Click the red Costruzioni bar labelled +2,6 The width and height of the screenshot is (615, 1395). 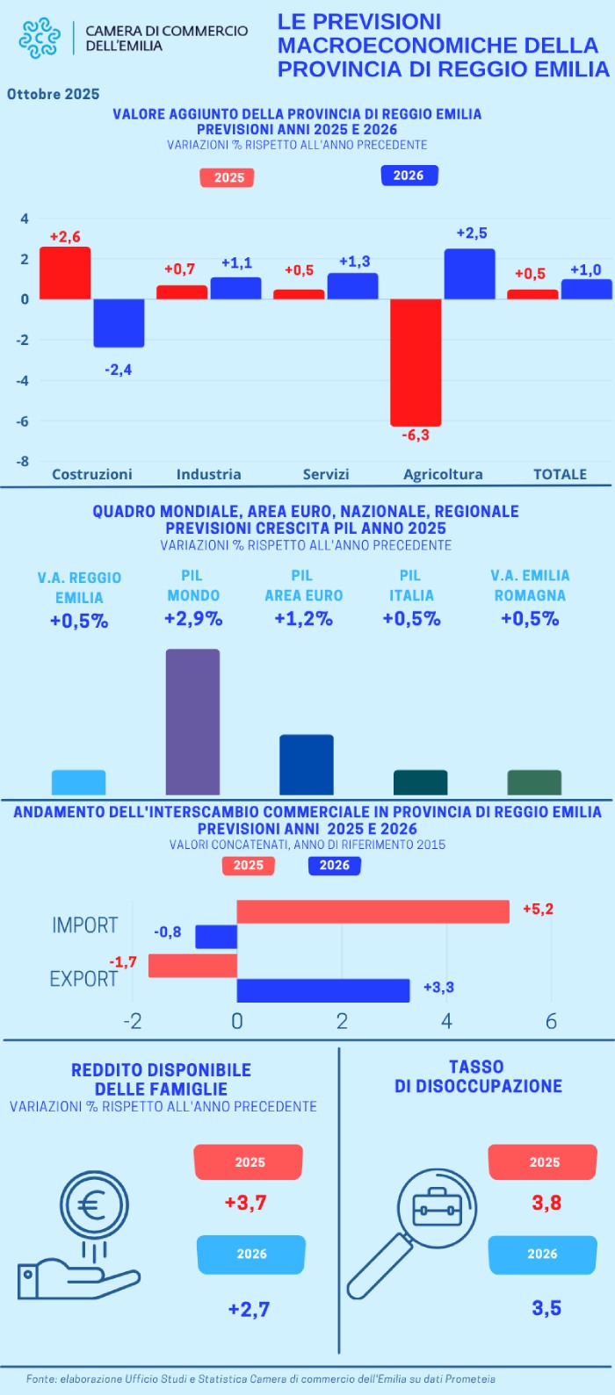65,273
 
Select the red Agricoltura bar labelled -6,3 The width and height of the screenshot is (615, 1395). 416,362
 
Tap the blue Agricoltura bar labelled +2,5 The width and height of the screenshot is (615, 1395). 469,274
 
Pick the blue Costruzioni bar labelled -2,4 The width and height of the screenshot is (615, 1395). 119,322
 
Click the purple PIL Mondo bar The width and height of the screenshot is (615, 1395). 192,722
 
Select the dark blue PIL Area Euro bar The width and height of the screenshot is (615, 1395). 306,765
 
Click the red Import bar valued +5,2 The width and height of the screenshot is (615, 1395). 373,912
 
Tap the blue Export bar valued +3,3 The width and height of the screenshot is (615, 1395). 323,990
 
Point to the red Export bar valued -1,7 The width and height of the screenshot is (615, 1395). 192,966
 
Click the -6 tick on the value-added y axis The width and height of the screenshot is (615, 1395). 25,421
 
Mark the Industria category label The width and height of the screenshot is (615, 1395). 208,474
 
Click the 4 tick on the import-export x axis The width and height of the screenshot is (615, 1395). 446,1021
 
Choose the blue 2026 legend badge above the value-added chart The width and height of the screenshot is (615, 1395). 409,176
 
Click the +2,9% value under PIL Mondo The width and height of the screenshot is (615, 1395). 193,619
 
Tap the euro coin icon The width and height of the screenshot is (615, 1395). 93,1205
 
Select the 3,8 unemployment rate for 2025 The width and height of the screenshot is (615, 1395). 546,1203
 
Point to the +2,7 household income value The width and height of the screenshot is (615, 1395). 249,1309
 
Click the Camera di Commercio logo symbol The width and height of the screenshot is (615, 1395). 40,38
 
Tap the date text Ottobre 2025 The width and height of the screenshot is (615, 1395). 54,94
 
